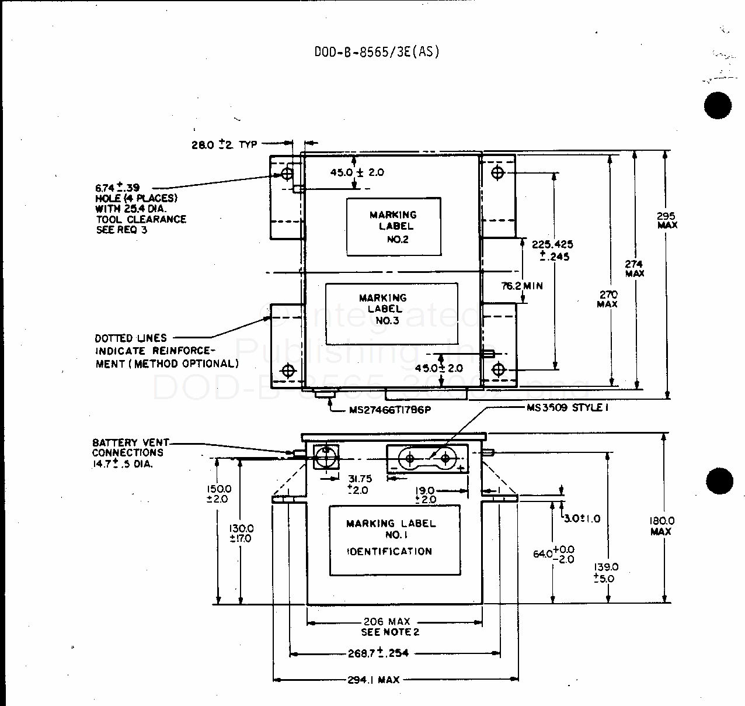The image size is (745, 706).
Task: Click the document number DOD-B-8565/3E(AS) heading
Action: [377, 52]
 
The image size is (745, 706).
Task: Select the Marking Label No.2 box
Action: [394, 227]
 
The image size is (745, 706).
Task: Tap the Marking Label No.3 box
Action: [391, 314]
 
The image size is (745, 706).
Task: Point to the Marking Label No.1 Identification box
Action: [395, 540]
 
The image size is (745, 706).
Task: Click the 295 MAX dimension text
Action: [667, 220]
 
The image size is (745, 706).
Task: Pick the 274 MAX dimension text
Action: [634, 268]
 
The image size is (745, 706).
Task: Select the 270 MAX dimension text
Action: [607, 299]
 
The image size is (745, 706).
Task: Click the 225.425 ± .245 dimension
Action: [552, 250]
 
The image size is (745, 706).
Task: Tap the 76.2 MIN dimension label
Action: [522, 286]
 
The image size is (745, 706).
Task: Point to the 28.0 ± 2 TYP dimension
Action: [224, 144]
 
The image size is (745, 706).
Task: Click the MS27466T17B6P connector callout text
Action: [389, 410]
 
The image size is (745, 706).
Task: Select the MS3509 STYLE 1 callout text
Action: [568, 407]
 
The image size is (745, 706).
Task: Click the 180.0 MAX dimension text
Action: [661, 525]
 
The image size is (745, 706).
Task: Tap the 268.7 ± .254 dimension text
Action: [378, 653]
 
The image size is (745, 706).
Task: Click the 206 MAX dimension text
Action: [387, 622]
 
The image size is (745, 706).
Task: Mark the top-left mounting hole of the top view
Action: [287, 174]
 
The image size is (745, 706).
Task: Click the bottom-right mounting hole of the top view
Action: [498, 369]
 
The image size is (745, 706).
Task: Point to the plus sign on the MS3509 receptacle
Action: [461, 469]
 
